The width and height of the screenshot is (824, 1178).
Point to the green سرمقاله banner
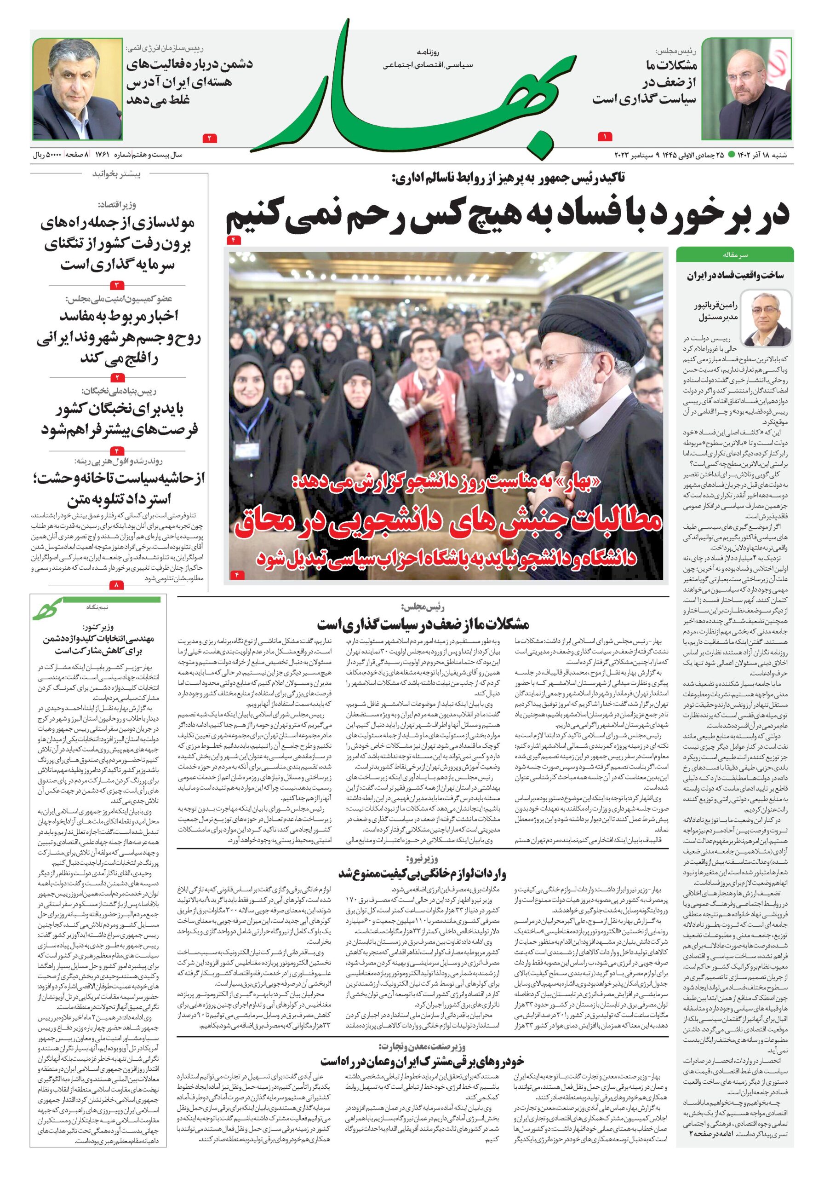pyautogui.click(x=734, y=254)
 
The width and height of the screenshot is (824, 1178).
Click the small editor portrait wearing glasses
pyautogui.click(x=766, y=318)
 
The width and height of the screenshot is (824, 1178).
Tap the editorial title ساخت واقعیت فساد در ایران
pyautogui.click(x=735, y=276)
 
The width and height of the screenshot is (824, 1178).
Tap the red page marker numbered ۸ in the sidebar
pyautogui.click(x=117, y=584)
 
